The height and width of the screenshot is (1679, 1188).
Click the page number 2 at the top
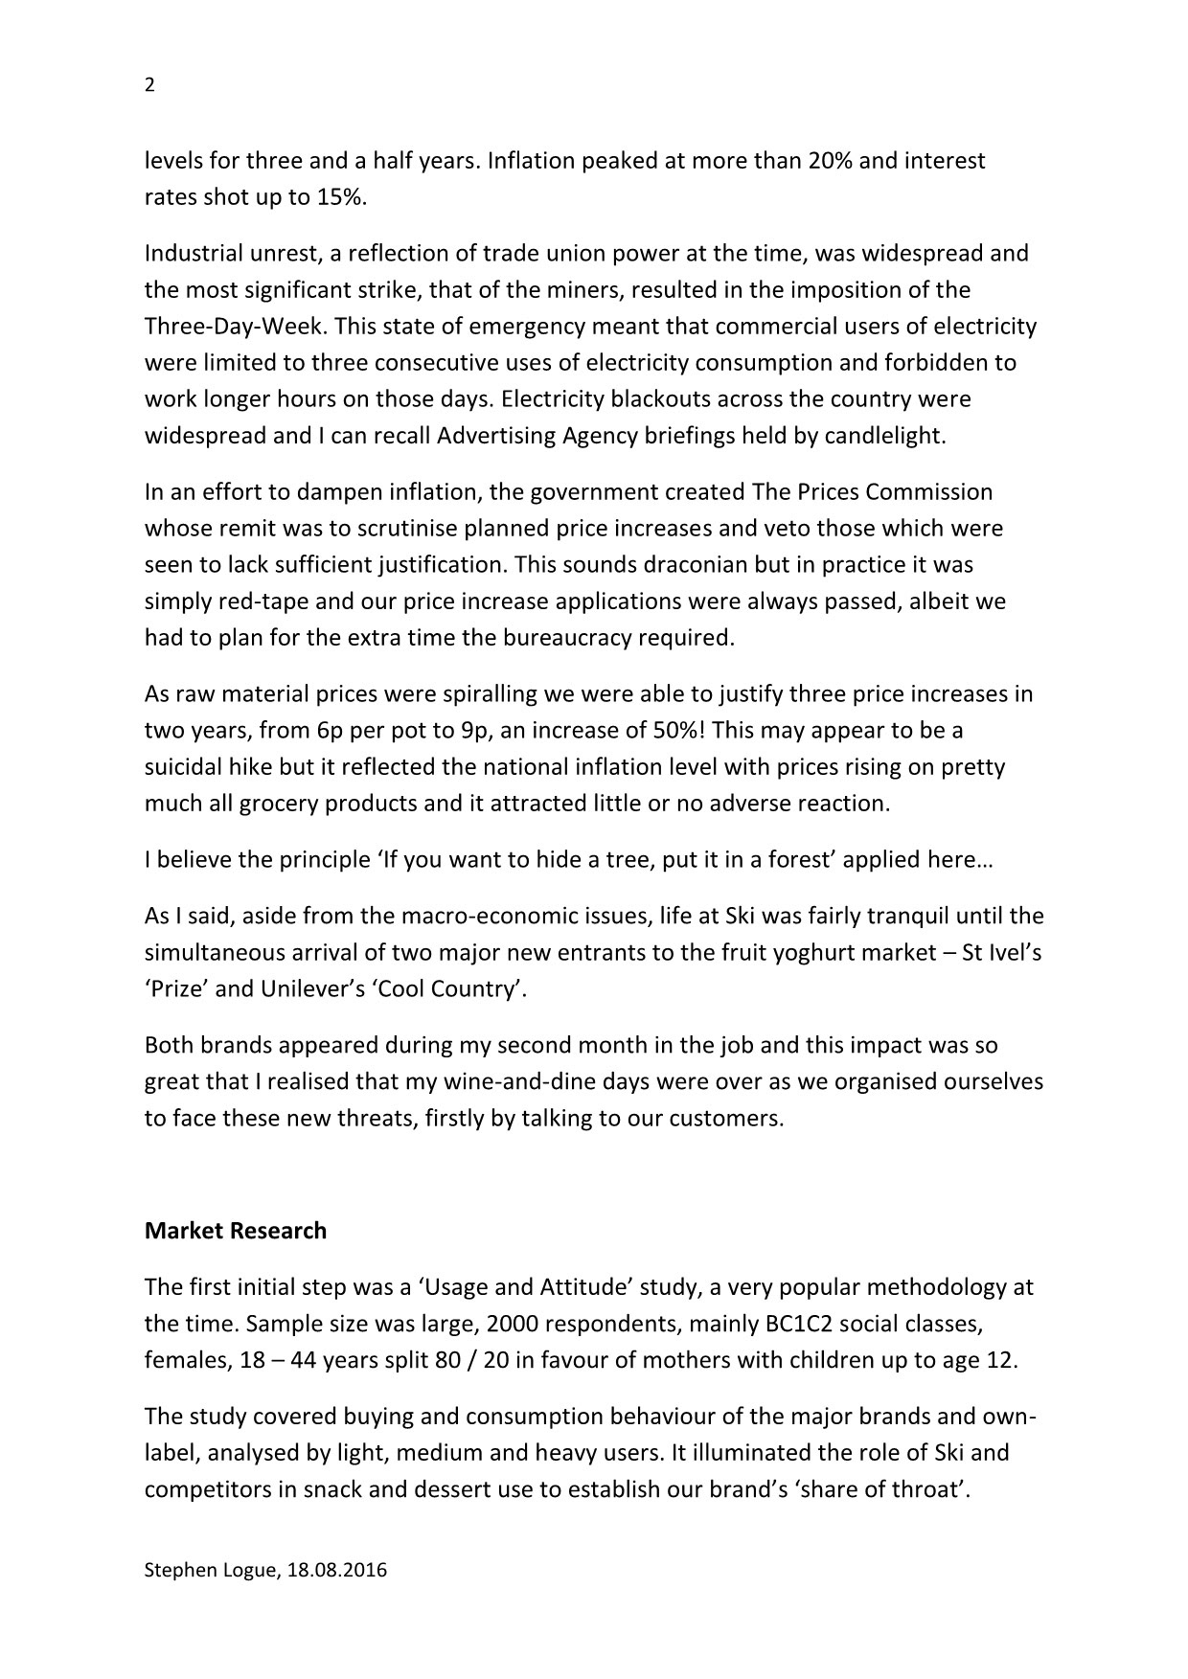(x=148, y=85)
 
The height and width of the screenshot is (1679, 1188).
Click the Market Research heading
(x=235, y=1231)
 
